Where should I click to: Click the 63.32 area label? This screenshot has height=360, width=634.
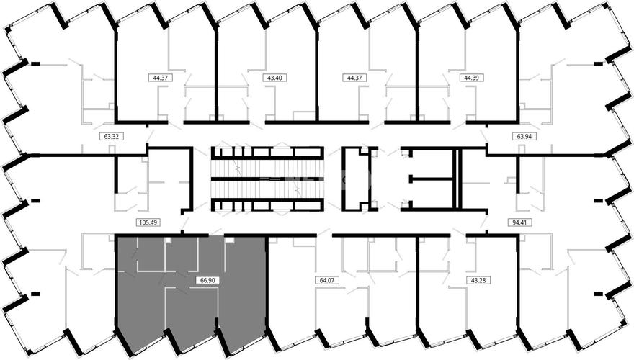click(x=111, y=137)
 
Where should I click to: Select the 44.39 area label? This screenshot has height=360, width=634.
click(x=471, y=78)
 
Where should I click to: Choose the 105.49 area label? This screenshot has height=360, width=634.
click(x=148, y=222)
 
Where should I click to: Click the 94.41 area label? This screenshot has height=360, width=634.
click(x=519, y=222)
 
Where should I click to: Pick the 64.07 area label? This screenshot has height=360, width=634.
click(x=326, y=279)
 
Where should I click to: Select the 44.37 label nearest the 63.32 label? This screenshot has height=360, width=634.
click(x=161, y=78)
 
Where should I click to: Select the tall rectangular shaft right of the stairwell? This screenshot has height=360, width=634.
click(x=356, y=179)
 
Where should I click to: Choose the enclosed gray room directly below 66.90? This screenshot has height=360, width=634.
click(x=192, y=311)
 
